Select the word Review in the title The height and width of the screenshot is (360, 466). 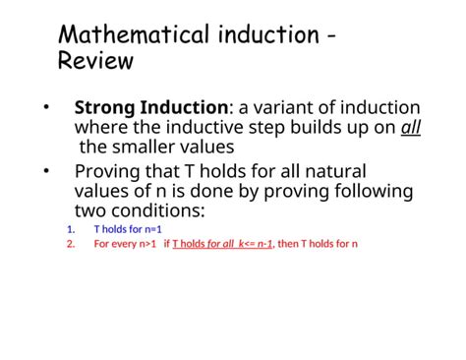[x=95, y=62]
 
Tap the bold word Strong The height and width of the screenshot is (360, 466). [x=105, y=108]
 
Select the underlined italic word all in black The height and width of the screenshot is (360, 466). [x=410, y=128]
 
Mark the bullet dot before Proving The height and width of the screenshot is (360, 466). [x=45, y=171]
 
